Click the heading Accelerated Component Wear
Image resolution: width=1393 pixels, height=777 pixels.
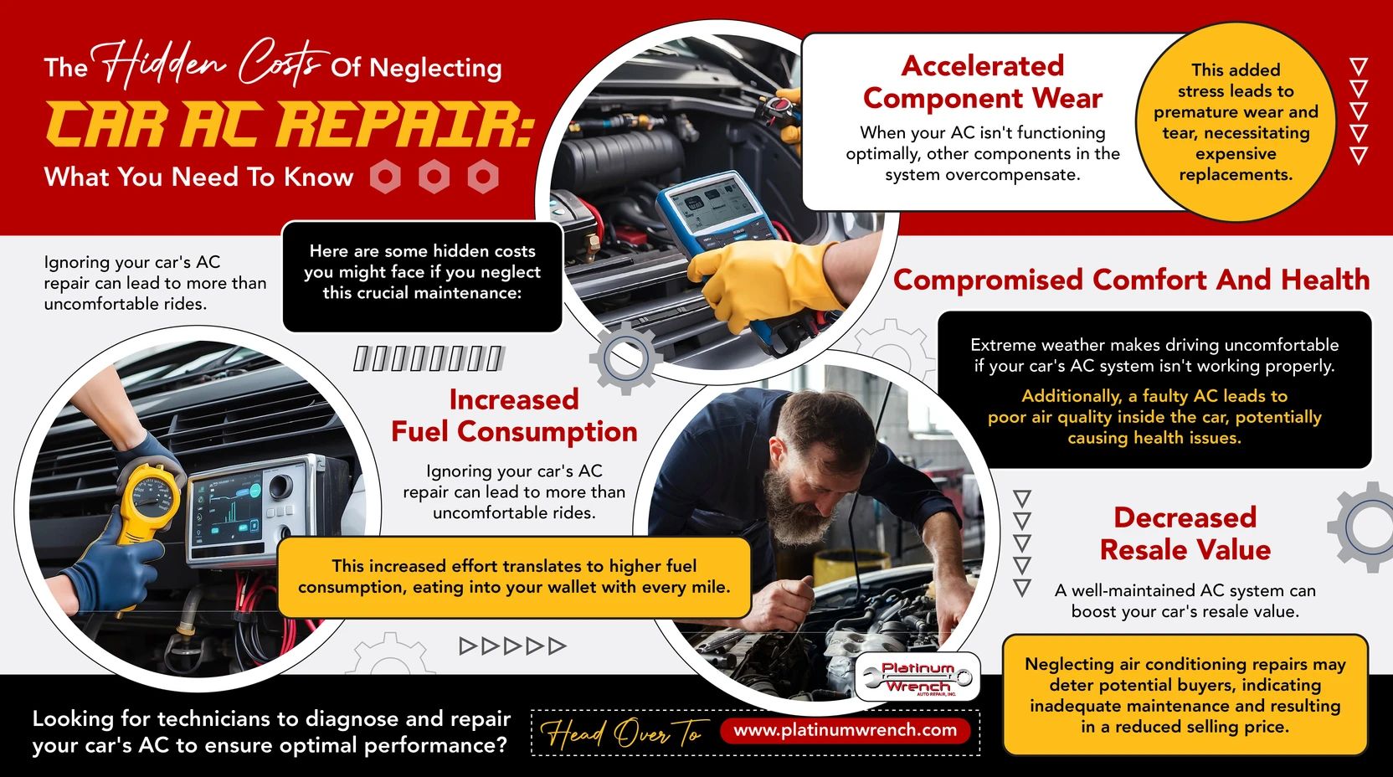[x=982, y=82]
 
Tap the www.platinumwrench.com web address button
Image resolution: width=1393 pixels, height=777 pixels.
[x=845, y=730]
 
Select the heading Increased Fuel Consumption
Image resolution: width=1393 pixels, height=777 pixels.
[x=514, y=416]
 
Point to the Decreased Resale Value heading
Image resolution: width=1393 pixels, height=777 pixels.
[x=1185, y=533]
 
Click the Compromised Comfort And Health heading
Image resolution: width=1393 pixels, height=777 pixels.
[x=1131, y=280]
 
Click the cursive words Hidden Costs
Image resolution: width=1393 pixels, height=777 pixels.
[x=209, y=63]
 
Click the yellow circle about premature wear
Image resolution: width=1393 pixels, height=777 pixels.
[x=1236, y=122]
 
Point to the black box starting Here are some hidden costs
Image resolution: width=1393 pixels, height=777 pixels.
[x=422, y=275]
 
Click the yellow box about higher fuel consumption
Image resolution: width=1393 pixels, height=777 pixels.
[x=513, y=577]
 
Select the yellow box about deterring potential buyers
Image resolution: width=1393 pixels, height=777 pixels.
[x=1185, y=695]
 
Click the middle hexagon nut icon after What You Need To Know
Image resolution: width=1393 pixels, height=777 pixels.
[x=434, y=177]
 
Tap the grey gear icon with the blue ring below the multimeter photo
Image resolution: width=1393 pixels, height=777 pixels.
[x=625, y=358]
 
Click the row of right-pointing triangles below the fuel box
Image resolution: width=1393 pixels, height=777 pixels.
[x=513, y=646]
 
